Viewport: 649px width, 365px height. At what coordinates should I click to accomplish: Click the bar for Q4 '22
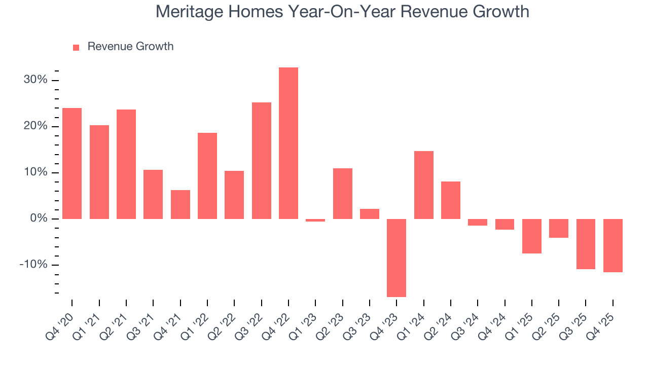289,143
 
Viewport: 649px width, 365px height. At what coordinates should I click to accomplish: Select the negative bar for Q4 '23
396,258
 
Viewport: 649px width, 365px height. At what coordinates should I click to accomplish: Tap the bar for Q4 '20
72,163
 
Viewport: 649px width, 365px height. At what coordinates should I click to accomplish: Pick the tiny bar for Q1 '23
315,220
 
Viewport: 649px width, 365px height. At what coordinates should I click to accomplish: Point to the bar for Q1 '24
424,185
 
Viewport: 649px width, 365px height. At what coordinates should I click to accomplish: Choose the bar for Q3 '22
262,161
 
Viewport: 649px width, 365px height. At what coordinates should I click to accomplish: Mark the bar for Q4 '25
613,245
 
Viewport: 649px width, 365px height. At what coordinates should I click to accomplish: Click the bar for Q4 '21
181,204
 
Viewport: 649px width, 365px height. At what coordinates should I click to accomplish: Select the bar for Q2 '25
559,228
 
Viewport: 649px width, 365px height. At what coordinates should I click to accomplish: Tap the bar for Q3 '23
370,214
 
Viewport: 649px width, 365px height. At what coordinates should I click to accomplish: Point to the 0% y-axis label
39,218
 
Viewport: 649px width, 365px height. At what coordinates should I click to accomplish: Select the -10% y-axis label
34,265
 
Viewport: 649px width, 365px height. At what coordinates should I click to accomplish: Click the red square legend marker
76,47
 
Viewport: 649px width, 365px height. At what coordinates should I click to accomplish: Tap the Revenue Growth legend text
130,47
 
